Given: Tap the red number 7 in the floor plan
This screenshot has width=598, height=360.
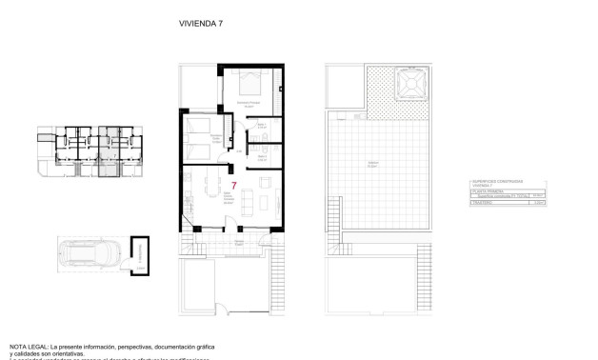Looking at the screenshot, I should click(x=233, y=185).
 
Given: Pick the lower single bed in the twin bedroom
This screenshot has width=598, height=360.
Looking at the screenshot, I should click(x=195, y=150).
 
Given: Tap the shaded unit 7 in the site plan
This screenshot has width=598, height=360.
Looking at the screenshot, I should click(x=109, y=167).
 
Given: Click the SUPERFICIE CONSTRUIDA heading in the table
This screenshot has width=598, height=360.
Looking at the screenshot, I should click(x=494, y=182).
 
